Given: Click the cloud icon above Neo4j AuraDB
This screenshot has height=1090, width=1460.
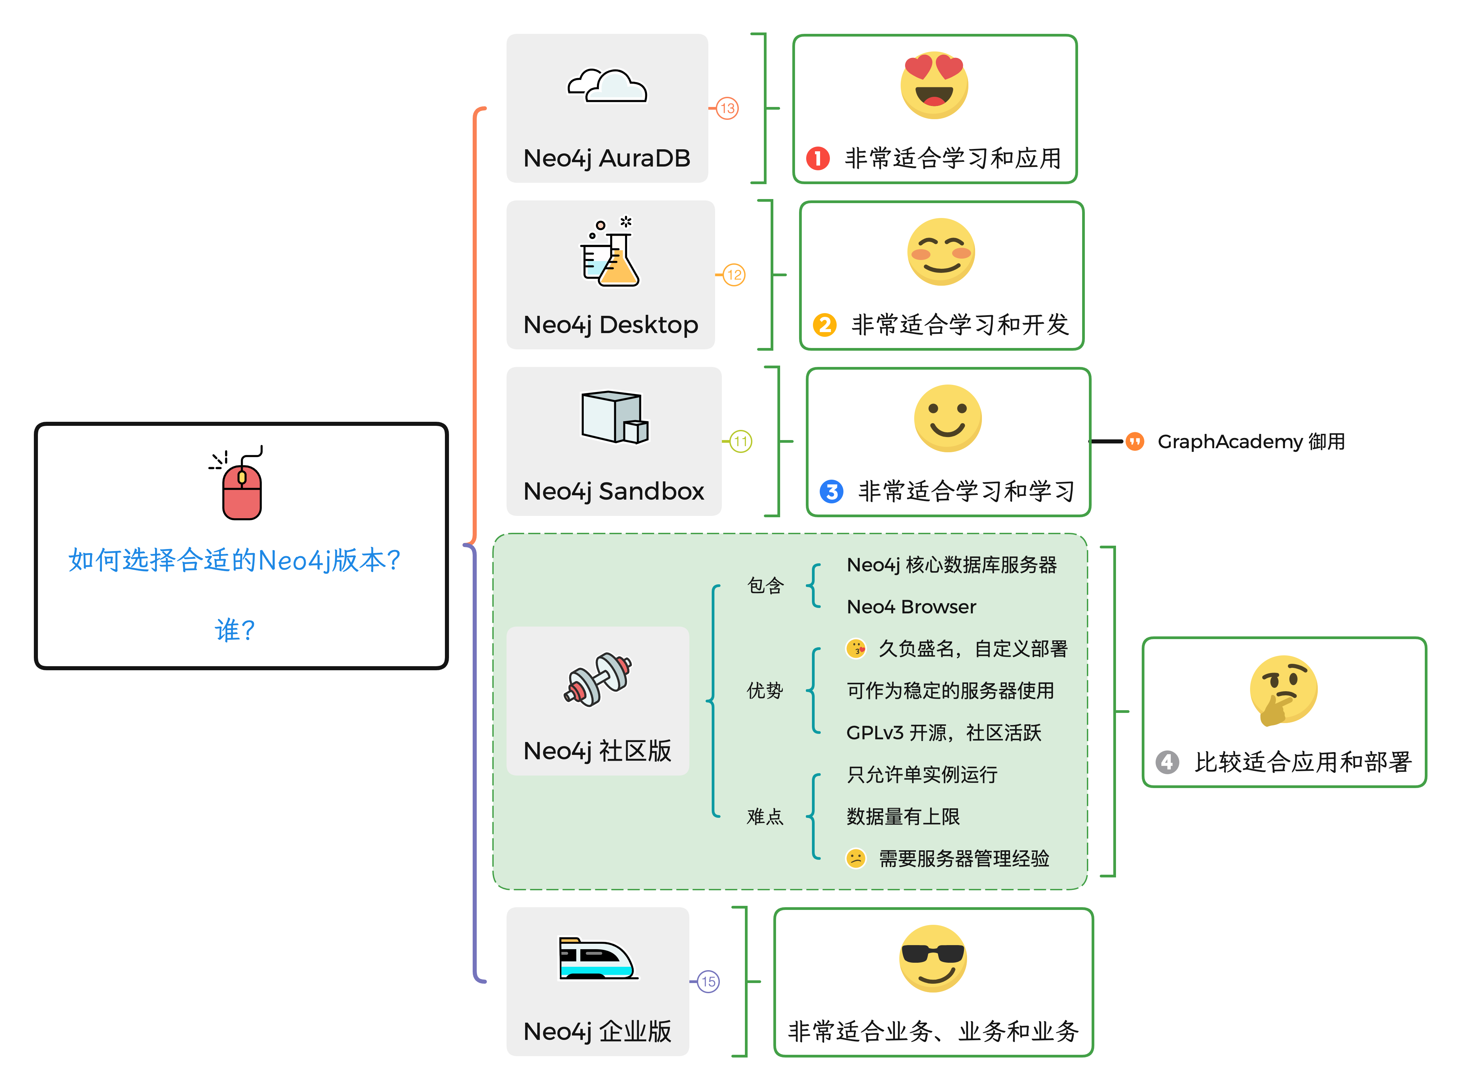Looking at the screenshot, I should [607, 86].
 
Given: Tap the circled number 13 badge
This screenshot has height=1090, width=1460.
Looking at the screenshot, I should [727, 108].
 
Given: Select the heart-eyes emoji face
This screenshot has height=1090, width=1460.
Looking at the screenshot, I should [934, 84].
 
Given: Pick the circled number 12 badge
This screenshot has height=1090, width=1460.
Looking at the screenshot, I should [734, 275].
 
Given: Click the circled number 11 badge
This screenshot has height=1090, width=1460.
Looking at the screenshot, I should [740, 441].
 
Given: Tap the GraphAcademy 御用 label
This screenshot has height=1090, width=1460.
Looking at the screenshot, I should [1251, 441].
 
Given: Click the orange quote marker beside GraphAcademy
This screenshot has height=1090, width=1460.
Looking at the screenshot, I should [1135, 441].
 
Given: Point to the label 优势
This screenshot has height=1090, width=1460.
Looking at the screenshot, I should [765, 691].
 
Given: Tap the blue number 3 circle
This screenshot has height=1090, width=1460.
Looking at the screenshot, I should [831, 492].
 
